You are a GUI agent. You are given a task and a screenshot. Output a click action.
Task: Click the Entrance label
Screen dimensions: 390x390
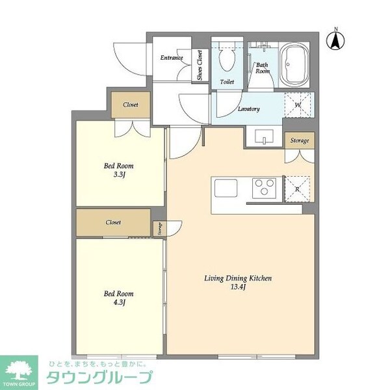pyautogui.click(x=172, y=58)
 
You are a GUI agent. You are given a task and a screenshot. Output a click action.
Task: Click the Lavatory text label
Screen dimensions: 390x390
pyautogui.click(x=249, y=109)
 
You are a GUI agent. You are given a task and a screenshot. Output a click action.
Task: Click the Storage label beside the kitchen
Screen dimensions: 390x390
pyautogui.click(x=300, y=140)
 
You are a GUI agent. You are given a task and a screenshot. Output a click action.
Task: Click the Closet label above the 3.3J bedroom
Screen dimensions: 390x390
pyautogui.click(x=131, y=104)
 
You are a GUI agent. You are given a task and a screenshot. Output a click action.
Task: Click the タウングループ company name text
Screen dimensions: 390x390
pyautogui.click(x=99, y=377)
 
